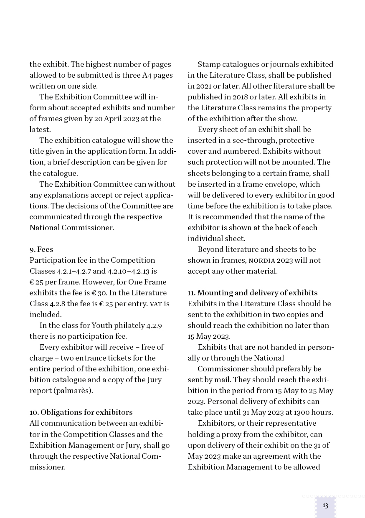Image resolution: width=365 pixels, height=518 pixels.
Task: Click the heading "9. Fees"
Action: coord(41,249)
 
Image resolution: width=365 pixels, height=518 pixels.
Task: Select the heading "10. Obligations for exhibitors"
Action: coord(81,412)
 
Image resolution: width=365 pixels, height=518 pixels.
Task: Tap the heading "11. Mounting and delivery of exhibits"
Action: coord(252,293)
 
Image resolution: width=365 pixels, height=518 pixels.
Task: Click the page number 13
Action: coord(325,505)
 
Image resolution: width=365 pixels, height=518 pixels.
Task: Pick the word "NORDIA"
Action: coord(262,260)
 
